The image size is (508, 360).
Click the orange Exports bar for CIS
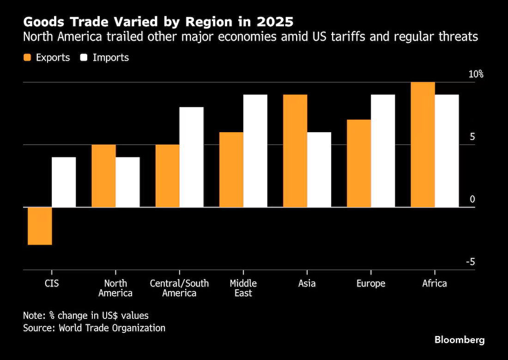(40, 226)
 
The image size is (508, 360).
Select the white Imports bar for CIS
(64, 182)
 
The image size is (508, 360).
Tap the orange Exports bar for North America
(103, 176)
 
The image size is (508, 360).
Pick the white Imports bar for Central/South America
(192, 157)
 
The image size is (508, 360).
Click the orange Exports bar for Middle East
(231, 170)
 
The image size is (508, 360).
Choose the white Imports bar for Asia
(319, 170)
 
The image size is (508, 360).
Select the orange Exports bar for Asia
(295, 151)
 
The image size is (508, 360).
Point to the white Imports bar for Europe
(383, 151)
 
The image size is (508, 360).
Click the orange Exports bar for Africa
(423, 145)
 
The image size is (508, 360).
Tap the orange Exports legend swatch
(27, 58)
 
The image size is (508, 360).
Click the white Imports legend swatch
(84, 58)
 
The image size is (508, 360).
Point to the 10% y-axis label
(476, 74)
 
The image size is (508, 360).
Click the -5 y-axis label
(471, 262)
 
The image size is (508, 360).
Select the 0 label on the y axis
(472, 200)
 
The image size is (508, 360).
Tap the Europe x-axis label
(371, 283)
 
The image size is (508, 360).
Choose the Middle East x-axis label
(243, 288)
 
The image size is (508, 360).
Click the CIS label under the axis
(52, 283)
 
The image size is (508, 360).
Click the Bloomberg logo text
(460, 340)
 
